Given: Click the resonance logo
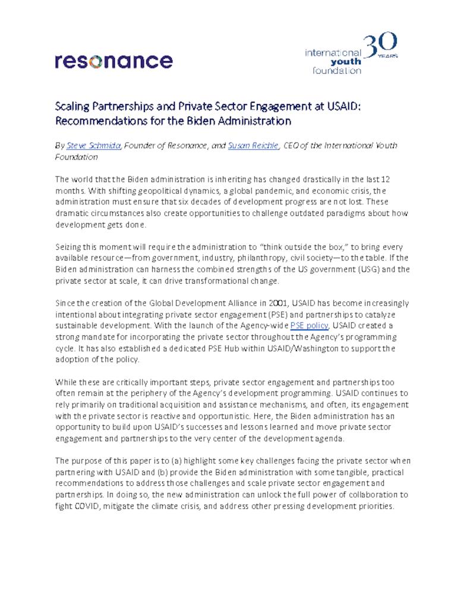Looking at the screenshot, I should click(113, 61).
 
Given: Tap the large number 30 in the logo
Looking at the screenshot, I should click(380, 46).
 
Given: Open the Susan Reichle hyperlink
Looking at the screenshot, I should click(253, 146).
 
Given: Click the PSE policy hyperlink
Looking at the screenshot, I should click(309, 325).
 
